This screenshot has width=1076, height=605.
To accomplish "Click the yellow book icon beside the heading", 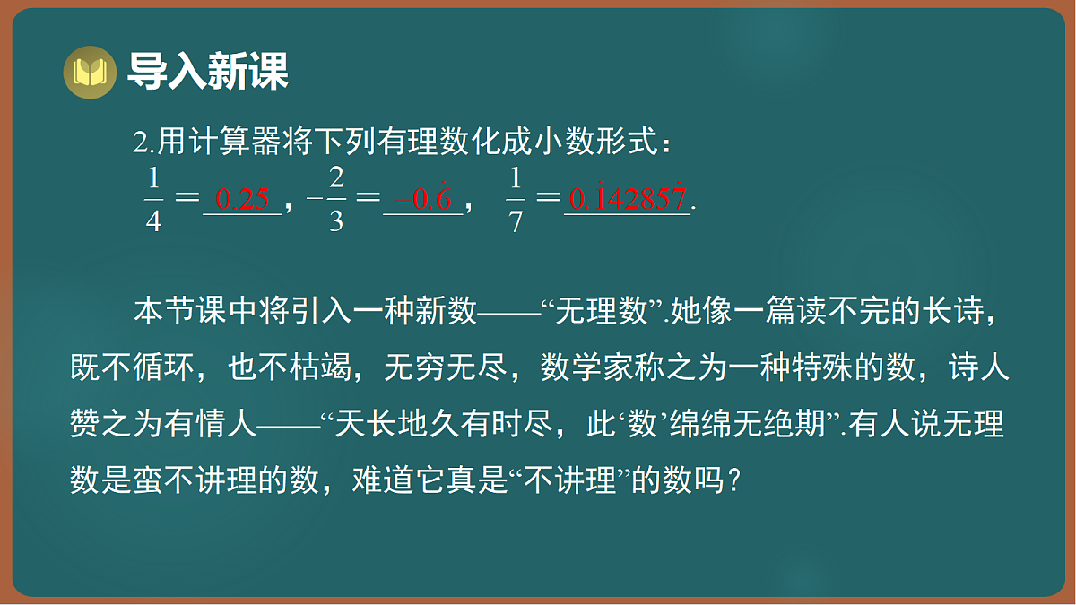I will tap(90, 72).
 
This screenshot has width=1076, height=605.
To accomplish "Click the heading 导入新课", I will tap(208, 72).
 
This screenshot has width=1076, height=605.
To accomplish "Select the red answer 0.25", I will tap(243, 199).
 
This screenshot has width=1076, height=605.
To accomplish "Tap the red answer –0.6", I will tap(423, 199).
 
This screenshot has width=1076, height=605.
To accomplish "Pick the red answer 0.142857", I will tap(628, 198).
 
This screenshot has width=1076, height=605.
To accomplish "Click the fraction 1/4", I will tap(153, 198).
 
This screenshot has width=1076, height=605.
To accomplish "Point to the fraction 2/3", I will tap(336, 198).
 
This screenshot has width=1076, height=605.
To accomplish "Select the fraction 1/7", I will tap(515, 198).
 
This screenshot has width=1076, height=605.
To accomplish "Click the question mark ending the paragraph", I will tap(732, 481).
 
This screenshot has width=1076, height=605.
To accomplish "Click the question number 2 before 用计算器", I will tap(139, 143).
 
